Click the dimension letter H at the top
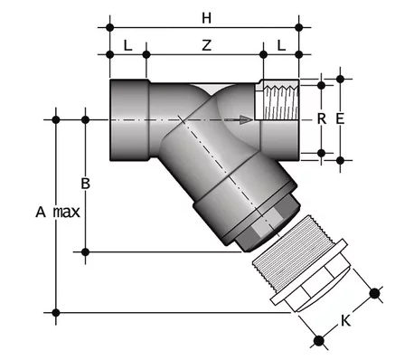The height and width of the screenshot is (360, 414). pos(206,18)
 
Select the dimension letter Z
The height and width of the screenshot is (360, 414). pos(206,45)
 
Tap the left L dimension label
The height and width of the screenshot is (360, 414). pos(128,45)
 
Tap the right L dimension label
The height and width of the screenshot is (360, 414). pos(281,45)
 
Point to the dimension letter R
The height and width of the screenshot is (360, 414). pos(322,119)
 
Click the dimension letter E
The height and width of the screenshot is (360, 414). pos(340,119)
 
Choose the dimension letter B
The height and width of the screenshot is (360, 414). pos(86,184)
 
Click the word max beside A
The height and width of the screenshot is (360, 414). pos(67,213)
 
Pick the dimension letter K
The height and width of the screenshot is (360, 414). pos(345,321)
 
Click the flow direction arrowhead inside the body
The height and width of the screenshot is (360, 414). pos(246,119)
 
